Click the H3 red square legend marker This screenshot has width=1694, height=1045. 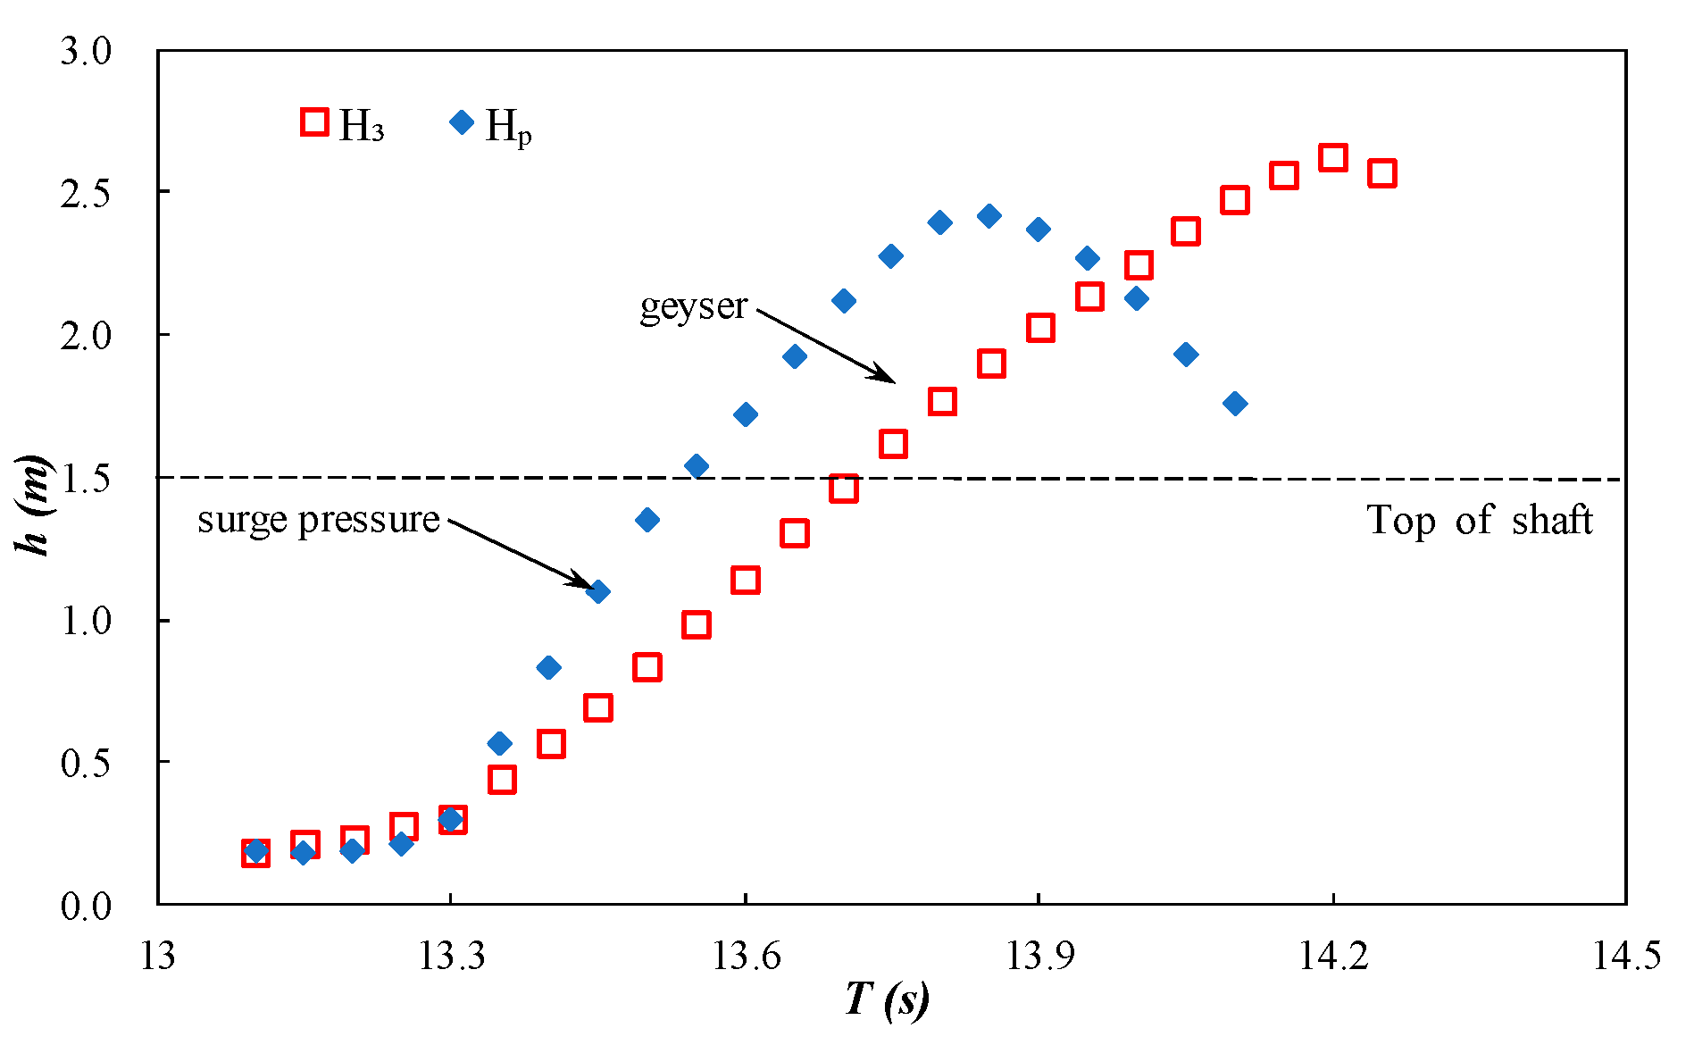coord(314,121)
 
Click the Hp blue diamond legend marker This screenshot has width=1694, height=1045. coord(462,121)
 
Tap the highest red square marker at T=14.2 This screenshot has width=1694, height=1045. coord(1332,157)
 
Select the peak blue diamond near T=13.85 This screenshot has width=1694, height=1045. coord(989,215)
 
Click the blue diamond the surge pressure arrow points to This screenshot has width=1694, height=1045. coord(599,591)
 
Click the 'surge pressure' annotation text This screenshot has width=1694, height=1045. coord(319,520)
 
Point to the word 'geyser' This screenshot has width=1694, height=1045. coord(693,307)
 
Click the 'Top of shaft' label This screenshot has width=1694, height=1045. coord(1480,520)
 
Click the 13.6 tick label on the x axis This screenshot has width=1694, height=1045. coord(745,957)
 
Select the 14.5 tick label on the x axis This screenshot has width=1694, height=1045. coord(1626,957)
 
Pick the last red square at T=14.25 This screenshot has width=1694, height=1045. coord(1381,173)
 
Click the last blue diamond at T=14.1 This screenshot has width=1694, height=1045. coord(1235,404)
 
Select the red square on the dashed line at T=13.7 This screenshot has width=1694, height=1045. coord(843,489)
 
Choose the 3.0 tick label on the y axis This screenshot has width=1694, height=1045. coord(86,52)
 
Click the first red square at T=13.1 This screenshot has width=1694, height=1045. coord(255,853)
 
